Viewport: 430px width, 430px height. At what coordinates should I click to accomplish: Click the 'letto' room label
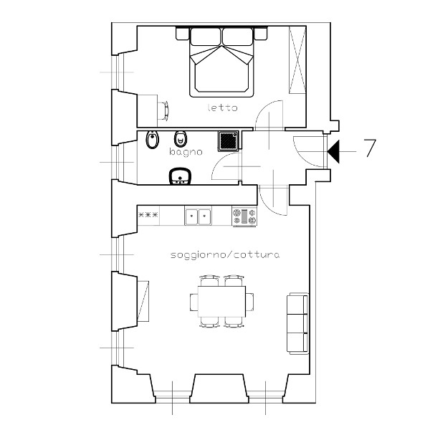pos(222,107)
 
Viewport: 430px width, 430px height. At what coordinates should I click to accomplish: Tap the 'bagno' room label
pos(186,152)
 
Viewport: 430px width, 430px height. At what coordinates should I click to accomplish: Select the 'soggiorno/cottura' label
pos(225,255)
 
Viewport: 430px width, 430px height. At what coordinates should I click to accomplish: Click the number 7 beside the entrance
pos(370,148)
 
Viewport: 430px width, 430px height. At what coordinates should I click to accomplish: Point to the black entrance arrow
pos(333,151)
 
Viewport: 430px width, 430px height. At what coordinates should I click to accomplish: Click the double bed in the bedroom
pos(221,62)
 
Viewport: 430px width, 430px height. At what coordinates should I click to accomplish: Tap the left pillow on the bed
pos(206,37)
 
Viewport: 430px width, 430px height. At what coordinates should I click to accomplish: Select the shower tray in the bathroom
pos(229,141)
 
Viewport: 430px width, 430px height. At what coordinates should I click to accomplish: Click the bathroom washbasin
pos(180,176)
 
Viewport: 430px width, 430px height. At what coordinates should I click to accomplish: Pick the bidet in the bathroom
pos(152,140)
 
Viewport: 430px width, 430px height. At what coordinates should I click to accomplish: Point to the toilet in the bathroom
pos(180,139)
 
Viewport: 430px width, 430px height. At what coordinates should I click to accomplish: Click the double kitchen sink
pos(198,216)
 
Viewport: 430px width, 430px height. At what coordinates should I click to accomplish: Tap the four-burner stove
pos(244,216)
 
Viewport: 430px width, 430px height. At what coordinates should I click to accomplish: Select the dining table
pos(221,302)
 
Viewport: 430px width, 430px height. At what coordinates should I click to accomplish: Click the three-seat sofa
pos(297,323)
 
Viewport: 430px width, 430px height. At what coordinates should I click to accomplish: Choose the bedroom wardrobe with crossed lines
pos(297,60)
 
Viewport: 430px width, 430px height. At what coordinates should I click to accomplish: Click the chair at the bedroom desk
pos(163,110)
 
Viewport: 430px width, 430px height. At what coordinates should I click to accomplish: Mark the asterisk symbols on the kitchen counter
pos(148,215)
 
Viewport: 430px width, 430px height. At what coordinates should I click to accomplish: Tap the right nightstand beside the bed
pos(261,34)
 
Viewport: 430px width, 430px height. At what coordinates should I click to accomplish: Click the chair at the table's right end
pos(249,302)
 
